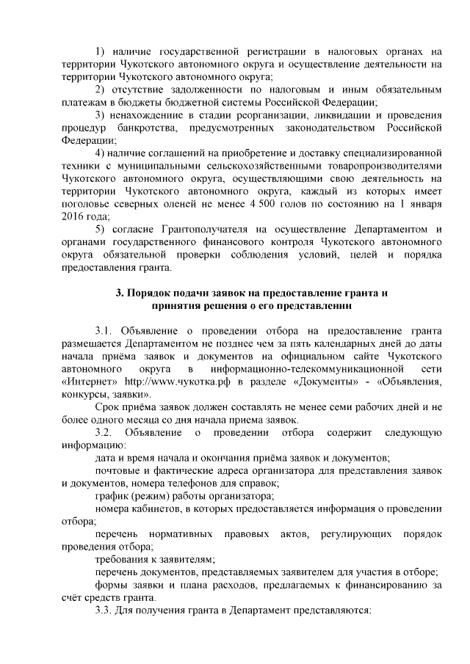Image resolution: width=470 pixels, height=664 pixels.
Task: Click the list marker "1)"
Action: pyautogui.click(x=102, y=51)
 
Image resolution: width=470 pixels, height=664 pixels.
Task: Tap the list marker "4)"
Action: pyautogui.click(x=102, y=153)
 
